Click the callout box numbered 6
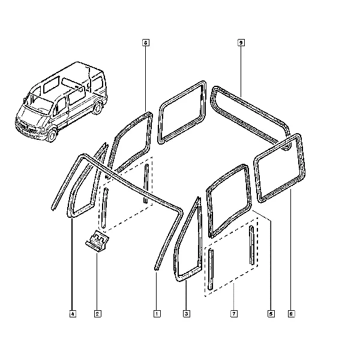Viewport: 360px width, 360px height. click(x=146, y=43)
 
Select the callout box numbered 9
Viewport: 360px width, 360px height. click(x=241, y=43)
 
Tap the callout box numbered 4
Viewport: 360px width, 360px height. click(x=73, y=314)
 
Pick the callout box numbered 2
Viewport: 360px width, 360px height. click(x=98, y=314)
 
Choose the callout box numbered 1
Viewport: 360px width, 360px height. click(x=157, y=314)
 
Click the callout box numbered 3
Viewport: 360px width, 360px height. click(x=187, y=314)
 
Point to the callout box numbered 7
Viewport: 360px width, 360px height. click(x=234, y=314)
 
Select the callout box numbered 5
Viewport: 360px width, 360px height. click(x=271, y=314)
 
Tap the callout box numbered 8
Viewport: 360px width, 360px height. click(x=292, y=314)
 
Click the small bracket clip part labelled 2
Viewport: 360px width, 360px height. click(x=97, y=241)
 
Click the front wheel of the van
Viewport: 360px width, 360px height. click(x=52, y=135)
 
